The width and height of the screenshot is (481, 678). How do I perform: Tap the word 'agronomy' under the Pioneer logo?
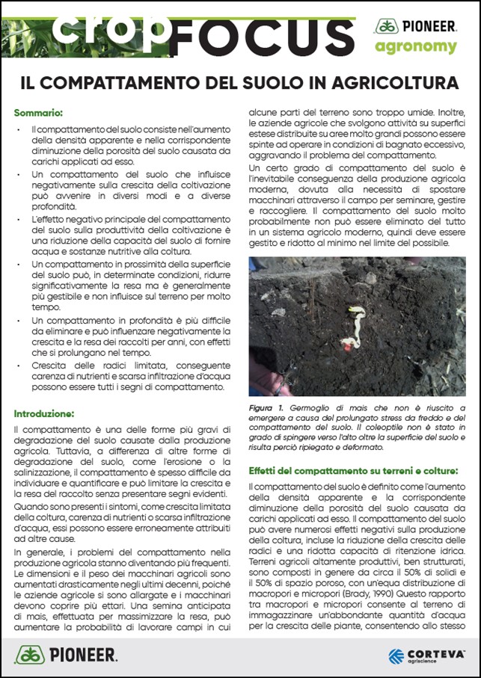(426, 47)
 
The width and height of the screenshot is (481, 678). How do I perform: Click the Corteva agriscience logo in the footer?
(426, 656)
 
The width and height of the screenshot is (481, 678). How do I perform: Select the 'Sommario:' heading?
(38, 113)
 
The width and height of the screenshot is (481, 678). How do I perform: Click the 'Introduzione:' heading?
(44, 413)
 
